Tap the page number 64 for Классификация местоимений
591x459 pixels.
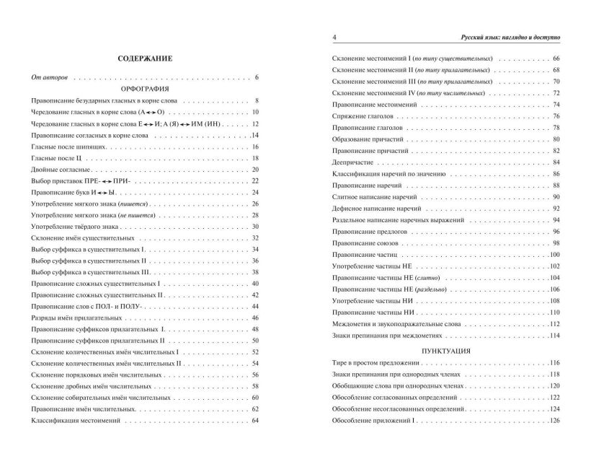[254, 421]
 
